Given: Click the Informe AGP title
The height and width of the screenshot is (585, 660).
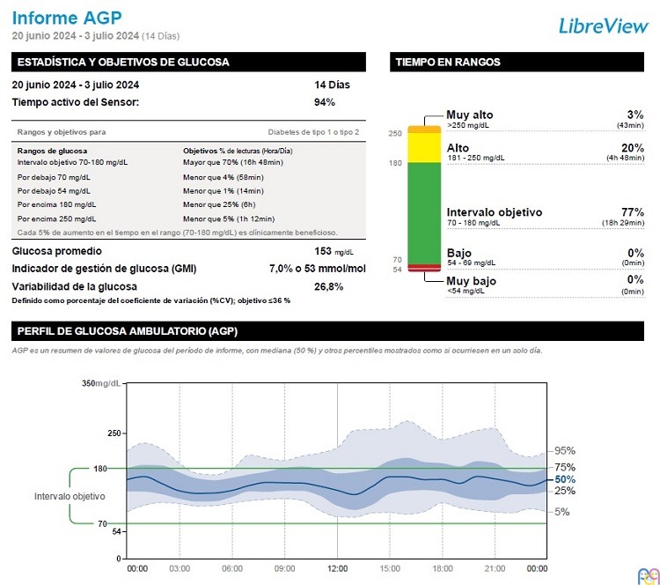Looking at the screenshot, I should (67, 17).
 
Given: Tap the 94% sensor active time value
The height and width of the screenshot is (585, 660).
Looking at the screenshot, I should (325, 102).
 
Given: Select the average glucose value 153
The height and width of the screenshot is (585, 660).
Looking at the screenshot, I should (323, 251).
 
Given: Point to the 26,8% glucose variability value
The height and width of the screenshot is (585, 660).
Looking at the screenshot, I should (329, 286).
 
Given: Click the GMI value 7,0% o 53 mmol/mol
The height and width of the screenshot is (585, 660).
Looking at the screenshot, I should (317, 269).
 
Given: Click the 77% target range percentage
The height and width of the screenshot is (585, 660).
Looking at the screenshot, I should (633, 212).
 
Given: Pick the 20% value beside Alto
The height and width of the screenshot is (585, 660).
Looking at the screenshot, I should (633, 148).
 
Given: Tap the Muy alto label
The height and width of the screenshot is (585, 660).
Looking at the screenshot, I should (470, 115).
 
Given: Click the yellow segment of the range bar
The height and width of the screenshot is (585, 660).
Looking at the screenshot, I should (422, 148).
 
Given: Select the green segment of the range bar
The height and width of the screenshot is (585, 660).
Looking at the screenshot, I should (422, 212).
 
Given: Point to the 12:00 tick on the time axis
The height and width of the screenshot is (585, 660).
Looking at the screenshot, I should (338, 568).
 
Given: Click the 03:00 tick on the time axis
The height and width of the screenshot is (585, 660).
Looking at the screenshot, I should (179, 568).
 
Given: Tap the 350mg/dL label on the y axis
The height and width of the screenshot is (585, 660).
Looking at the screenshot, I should (101, 383).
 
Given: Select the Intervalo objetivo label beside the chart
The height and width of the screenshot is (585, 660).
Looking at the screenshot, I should (70, 497).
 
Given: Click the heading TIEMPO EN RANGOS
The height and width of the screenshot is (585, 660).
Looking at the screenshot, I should (448, 63).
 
